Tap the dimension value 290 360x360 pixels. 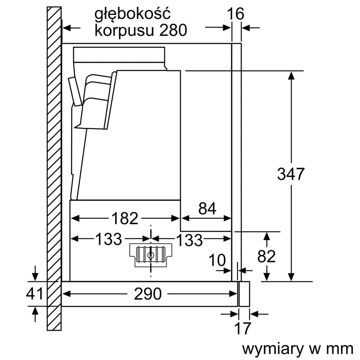148,294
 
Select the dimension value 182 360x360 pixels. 124,218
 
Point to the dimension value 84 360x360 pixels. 206,208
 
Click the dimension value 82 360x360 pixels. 266,256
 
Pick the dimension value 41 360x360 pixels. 34,294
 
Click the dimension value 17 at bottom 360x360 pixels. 242,328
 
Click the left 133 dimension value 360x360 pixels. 108,239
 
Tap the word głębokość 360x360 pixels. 132,14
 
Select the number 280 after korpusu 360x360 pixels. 173,30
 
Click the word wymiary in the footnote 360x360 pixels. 273,348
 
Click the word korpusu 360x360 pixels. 124,31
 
